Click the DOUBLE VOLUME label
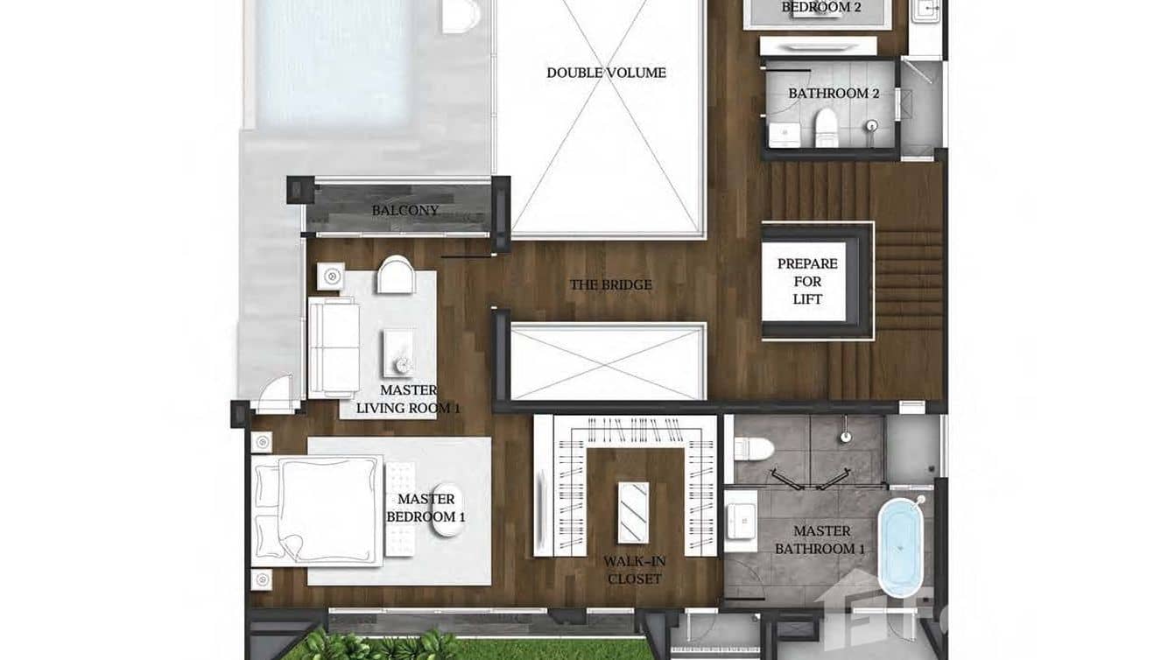pos(606,73)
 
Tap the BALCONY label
pos(405,210)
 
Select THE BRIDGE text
pos(610,284)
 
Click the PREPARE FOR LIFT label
pos(807,281)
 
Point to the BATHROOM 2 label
pos(833,93)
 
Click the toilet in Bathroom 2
pos(826,129)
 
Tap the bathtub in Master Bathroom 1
pos(902,547)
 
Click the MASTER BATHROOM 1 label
pos(821,540)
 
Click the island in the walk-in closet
pos(634,512)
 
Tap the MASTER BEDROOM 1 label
pos(426,508)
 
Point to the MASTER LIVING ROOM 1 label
pos(407,399)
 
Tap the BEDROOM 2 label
pos(820,8)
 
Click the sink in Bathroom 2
pos(785,135)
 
